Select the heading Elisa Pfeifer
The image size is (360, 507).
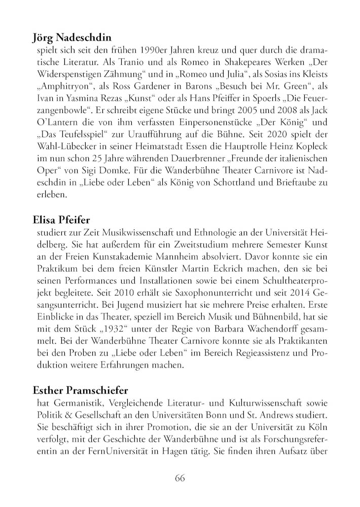tap(61, 220)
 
